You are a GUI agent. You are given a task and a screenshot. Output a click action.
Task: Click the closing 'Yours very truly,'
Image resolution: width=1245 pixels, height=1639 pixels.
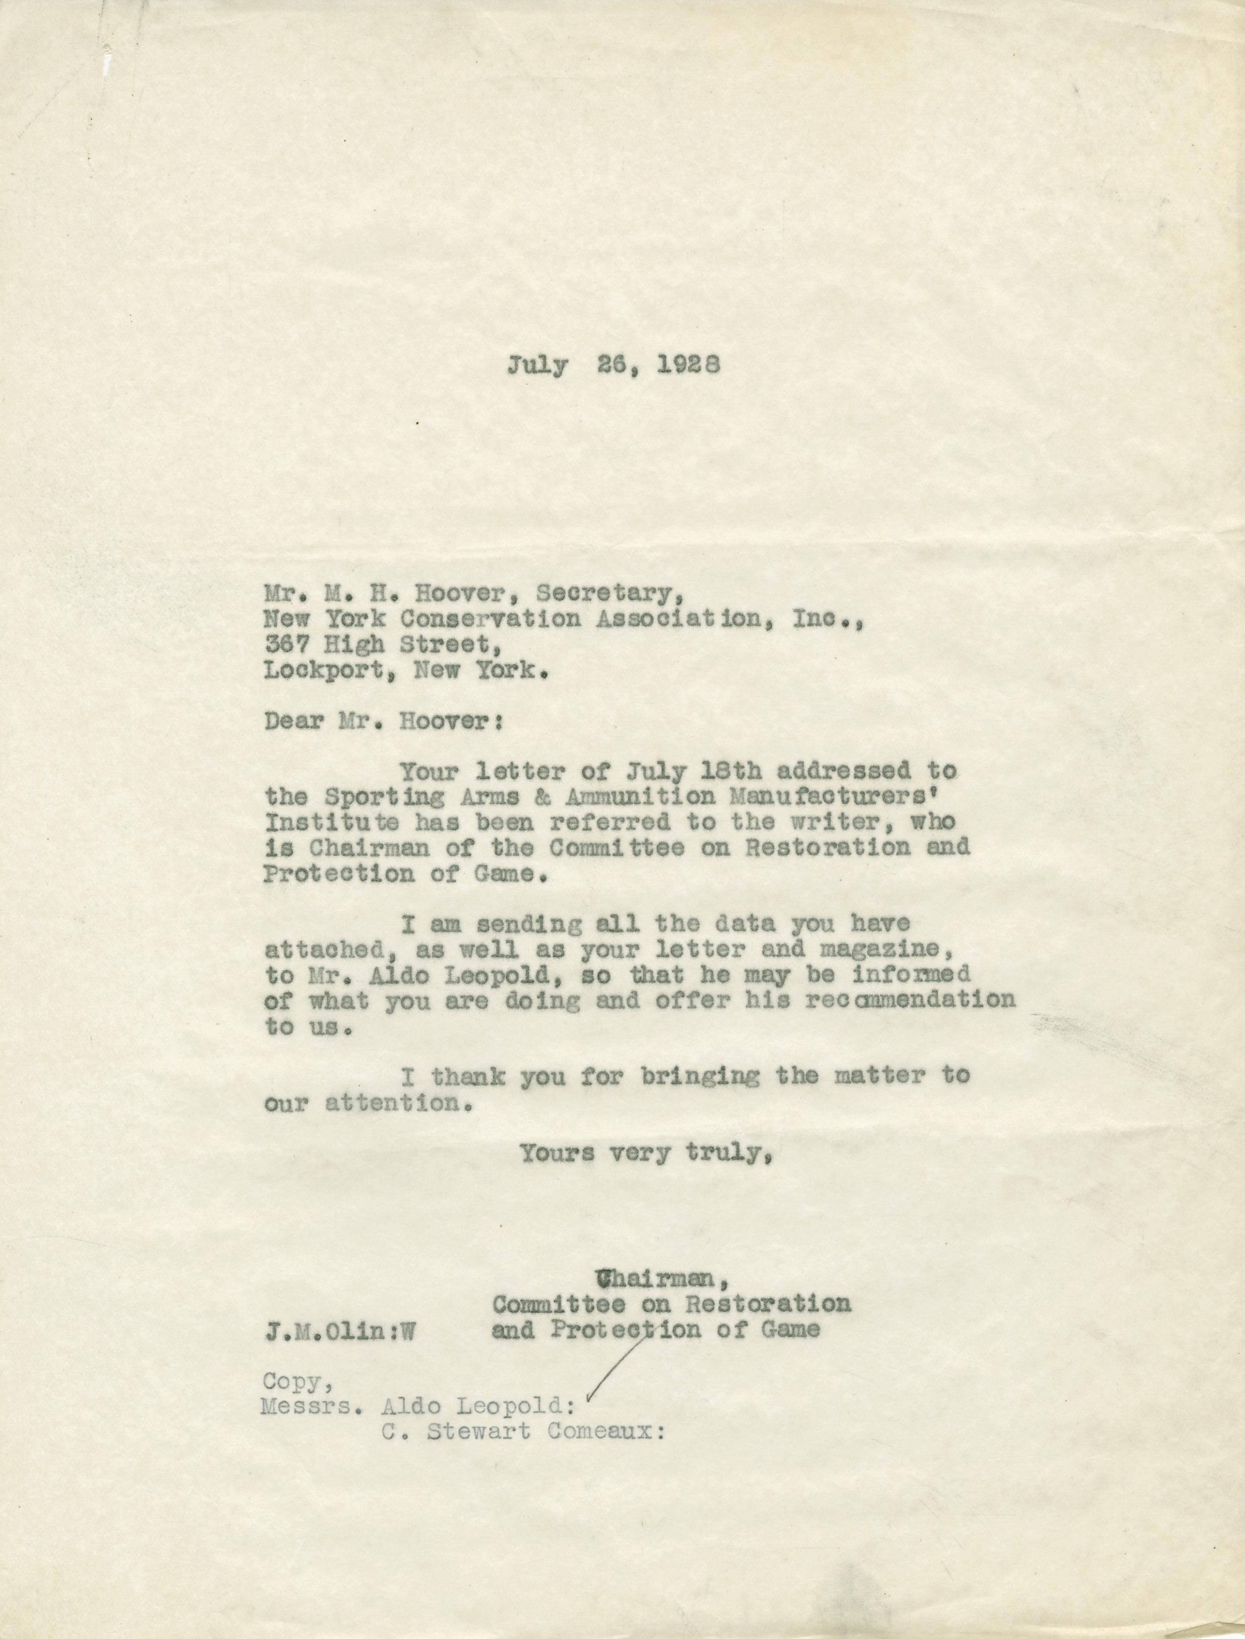coord(647,1153)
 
